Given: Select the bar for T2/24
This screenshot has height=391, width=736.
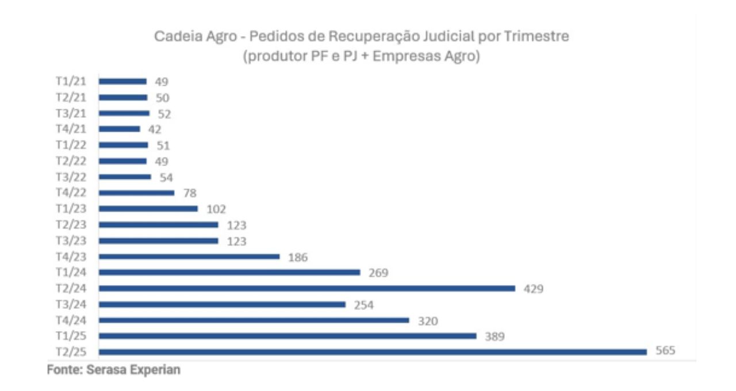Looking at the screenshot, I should point(307,288).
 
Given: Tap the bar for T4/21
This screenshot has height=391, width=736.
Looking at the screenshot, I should point(120,129).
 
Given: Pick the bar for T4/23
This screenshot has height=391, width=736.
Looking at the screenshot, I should point(189,256).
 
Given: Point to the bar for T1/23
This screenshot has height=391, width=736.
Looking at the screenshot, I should point(148,209).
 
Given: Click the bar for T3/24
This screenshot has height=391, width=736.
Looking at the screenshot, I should point(222,304).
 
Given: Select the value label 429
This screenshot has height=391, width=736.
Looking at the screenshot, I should point(533,289).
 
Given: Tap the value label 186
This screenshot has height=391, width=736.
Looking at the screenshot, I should point(297,257).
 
